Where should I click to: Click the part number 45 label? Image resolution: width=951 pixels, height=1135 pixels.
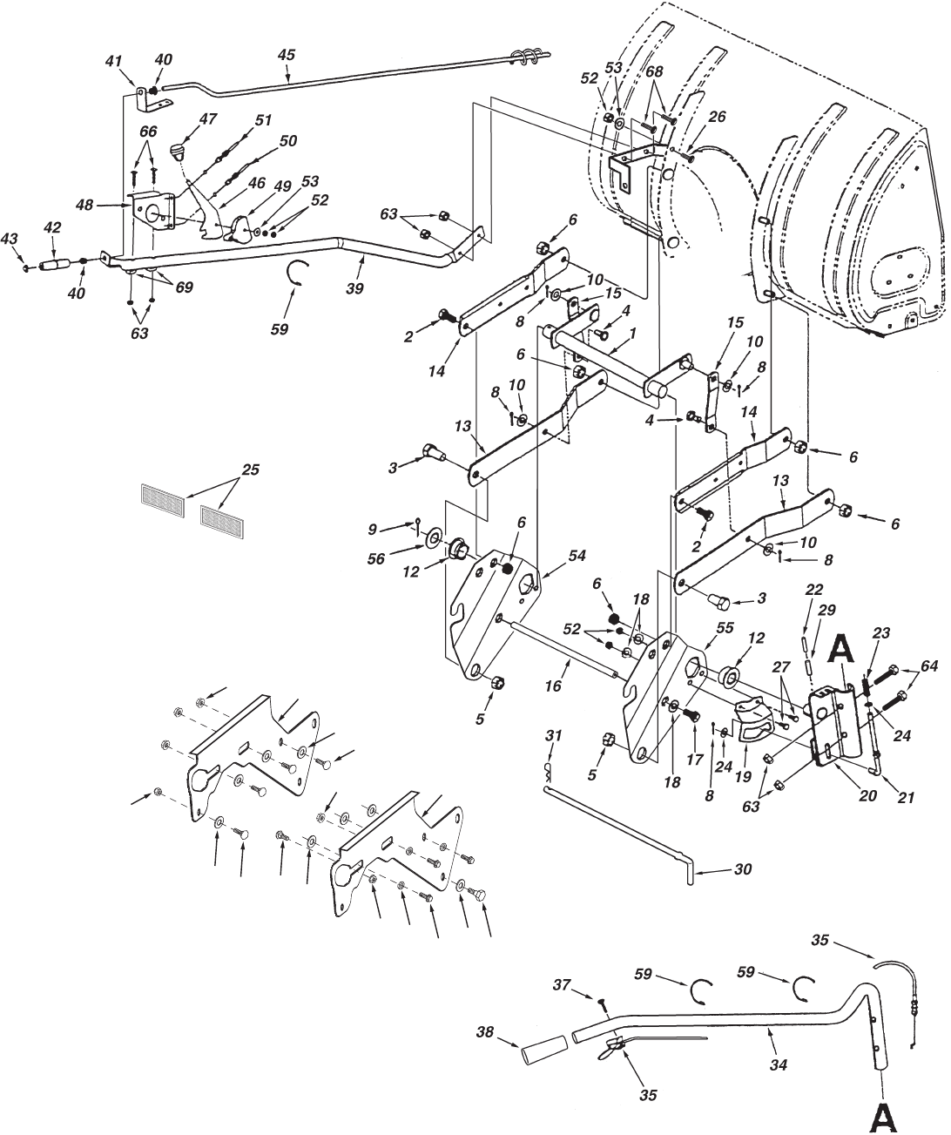pyautogui.click(x=286, y=55)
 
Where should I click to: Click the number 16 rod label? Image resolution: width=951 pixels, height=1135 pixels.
pyautogui.click(x=553, y=686)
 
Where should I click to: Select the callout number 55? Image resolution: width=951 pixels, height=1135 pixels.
pyautogui.click(x=725, y=628)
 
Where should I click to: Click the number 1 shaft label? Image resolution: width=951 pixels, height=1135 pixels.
pyautogui.click(x=632, y=332)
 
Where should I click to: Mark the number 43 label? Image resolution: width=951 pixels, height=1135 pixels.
pyautogui.click(x=10, y=239)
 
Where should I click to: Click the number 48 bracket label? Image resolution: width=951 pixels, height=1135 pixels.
pyautogui.click(x=85, y=205)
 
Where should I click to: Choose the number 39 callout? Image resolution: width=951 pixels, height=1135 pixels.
pyautogui.click(x=354, y=287)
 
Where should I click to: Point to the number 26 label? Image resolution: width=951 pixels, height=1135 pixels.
pyautogui.click(x=718, y=117)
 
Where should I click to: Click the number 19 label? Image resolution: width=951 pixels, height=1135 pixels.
pyautogui.click(x=743, y=776)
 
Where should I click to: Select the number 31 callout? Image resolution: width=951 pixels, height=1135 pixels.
pyautogui.click(x=553, y=735)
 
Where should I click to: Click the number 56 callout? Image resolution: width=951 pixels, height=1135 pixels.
pyautogui.click(x=376, y=558)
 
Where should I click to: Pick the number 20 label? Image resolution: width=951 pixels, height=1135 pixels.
pyautogui.click(x=867, y=795)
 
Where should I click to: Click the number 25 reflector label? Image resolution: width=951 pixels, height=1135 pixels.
pyautogui.click(x=251, y=470)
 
